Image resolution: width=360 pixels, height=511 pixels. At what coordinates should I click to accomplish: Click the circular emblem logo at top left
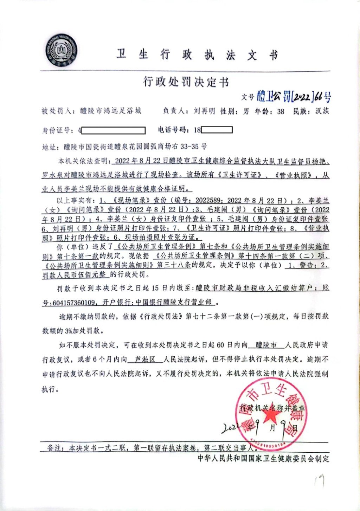coord(61,50)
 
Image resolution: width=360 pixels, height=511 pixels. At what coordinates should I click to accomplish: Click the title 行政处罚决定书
coord(186,82)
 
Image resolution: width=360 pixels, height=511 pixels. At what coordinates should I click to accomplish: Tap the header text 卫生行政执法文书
coord(197,55)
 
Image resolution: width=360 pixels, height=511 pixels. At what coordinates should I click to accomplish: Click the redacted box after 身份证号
coord(113,131)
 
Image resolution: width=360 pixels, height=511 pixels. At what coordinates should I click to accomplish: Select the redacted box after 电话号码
coord(217,130)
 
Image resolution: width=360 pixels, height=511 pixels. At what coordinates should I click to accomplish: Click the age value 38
coord(281,111)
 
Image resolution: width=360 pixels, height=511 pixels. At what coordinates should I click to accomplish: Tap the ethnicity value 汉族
coord(322,111)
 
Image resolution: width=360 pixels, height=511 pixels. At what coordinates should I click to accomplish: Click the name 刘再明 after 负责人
coord(204,111)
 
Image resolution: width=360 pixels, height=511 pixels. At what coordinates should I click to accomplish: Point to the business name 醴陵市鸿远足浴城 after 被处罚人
coord(111,111)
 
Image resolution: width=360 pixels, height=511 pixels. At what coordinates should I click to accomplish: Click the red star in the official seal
coord(270,416)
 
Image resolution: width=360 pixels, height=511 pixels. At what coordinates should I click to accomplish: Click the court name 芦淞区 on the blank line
coord(145,359)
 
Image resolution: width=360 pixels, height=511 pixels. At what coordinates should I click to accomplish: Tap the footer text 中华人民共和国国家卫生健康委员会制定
coord(263,458)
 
